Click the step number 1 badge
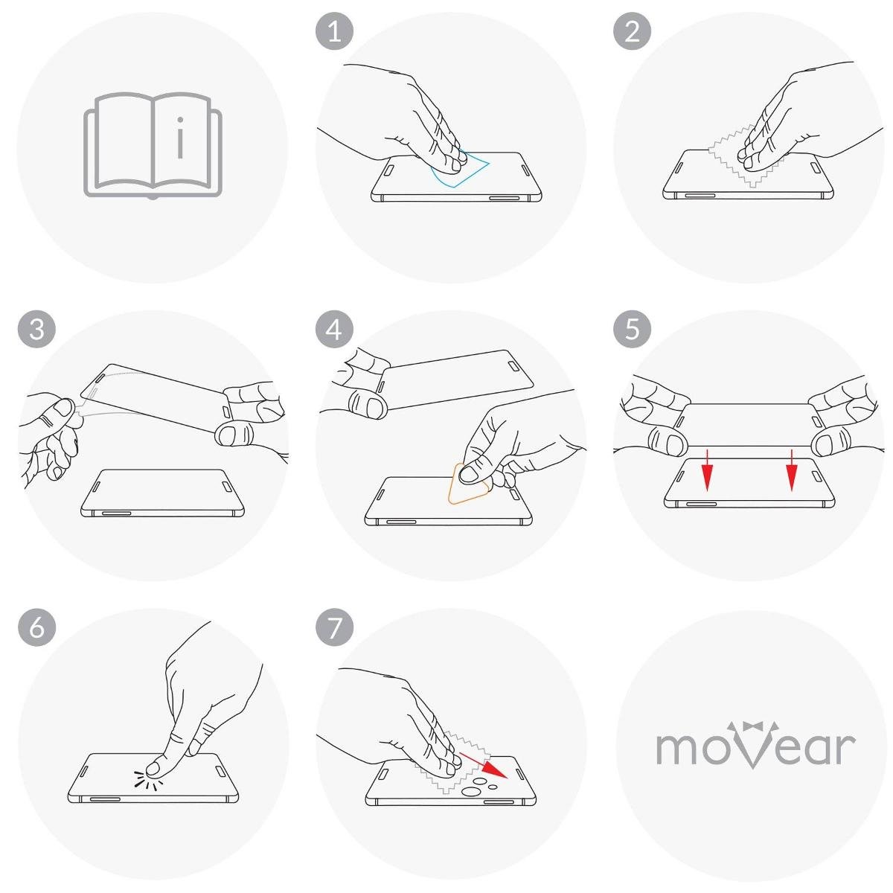pos(334,31)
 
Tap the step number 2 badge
pos(632,31)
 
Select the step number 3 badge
pos(36,330)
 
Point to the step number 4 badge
pos(334,330)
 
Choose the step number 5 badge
pos(632,330)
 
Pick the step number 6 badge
pos(36,627)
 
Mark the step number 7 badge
pos(334,627)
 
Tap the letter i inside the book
pos(180,138)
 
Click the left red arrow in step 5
pos(707,470)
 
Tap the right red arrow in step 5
pos(792,470)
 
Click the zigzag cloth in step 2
pos(746,158)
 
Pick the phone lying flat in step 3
pos(162,493)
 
